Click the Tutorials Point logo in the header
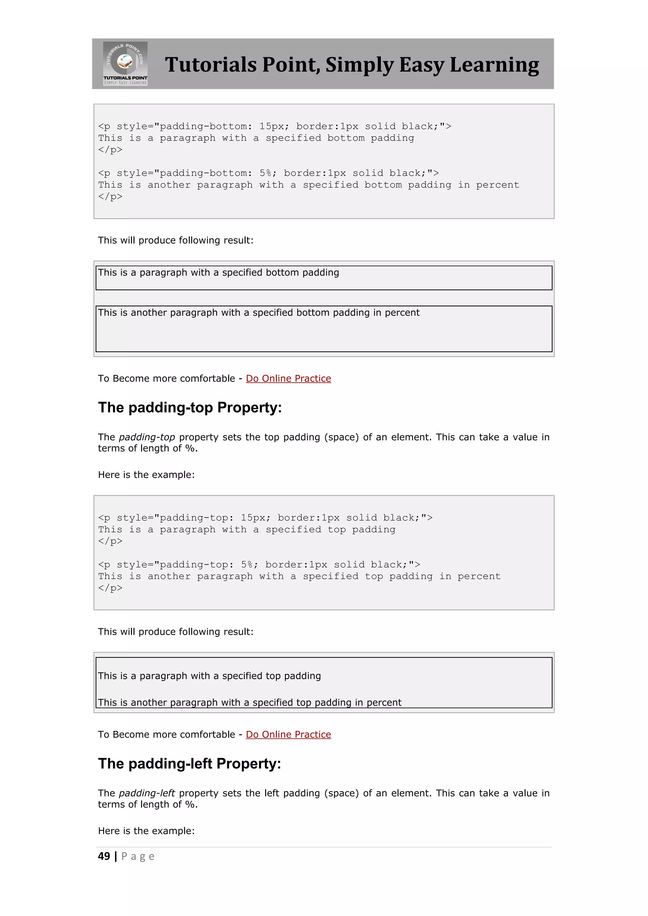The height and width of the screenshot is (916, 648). (x=125, y=64)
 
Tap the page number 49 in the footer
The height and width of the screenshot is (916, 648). (x=104, y=856)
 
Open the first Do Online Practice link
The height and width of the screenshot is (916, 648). (x=288, y=378)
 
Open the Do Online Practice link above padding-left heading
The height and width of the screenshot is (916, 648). (x=288, y=734)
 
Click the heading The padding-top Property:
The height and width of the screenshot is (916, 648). (x=190, y=407)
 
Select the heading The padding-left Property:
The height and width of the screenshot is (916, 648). (x=190, y=764)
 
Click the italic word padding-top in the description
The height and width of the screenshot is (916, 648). (x=147, y=437)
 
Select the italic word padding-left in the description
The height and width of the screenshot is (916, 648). (x=147, y=793)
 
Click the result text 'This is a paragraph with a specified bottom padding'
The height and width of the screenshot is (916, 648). (x=218, y=272)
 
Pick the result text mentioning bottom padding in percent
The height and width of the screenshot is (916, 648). (x=259, y=313)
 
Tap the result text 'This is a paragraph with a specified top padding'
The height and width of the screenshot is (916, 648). (x=209, y=676)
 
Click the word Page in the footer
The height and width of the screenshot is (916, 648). (x=138, y=857)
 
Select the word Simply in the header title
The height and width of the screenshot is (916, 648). (x=359, y=65)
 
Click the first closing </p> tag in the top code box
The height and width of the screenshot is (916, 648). (x=110, y=150)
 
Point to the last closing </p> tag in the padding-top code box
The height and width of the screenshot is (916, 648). (x=110, y=588)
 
